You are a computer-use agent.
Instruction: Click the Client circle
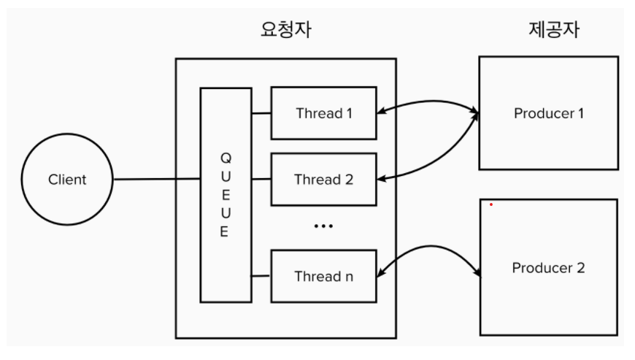point(67,179)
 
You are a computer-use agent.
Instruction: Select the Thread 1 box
point(323,113)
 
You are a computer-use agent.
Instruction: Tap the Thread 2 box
point(323,179)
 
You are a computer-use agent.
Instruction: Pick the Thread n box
point(323,276)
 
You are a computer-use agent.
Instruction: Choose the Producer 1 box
point(548,113)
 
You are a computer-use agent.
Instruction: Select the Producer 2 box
point(548,267)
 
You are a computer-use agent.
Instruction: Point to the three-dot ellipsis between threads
point(323,226)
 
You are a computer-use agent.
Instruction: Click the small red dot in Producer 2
point(491,204)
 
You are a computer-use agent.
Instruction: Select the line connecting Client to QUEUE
point(157,179)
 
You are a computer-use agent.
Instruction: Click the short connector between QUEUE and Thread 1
point(261,113)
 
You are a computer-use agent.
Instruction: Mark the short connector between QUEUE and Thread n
point(261,276)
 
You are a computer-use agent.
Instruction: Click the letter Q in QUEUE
point(225,158)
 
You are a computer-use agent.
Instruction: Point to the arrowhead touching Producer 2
point(478,274)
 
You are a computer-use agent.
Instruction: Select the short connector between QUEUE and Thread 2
point(261,179)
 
